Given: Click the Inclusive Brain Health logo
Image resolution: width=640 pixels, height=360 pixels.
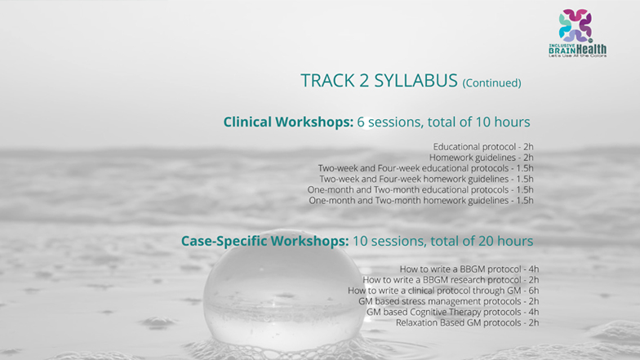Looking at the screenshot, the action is [x=577, y=33].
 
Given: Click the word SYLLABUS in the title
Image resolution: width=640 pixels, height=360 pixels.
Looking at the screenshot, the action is [x=416, y=80].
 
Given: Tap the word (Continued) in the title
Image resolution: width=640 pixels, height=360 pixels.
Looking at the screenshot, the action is [x=491, y=83].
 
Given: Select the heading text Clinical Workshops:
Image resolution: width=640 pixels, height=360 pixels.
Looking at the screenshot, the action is [x=288, y=122].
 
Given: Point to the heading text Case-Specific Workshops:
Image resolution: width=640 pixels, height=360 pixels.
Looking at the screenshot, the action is [x=264, y=241].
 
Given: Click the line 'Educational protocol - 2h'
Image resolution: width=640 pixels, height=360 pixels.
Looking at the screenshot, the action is [x=483, y=147].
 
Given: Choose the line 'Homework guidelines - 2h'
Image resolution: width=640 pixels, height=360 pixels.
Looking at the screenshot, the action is [x=482, y=157].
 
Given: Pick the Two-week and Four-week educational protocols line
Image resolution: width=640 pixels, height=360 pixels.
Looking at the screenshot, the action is [x=426, y=168].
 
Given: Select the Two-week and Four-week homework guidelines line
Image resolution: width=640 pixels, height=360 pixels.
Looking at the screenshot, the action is [x=426, y=179].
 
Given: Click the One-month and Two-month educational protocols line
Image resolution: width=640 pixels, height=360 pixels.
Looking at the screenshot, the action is [x=420, y=189].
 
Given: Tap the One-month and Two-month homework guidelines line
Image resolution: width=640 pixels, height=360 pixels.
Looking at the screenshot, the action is [x=421, y=201].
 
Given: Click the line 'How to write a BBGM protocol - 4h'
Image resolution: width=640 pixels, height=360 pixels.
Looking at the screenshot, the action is [x=469, y=269].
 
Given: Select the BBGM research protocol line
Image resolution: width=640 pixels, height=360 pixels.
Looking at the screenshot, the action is [x=451, y=279].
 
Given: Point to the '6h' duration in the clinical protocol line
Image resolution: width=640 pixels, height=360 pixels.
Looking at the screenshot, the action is [x=534, y=291].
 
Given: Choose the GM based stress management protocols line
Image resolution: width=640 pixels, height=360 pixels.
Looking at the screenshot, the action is [x=449, y=301].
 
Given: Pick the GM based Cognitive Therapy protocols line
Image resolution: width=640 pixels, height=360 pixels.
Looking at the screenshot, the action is [x=452, y=312].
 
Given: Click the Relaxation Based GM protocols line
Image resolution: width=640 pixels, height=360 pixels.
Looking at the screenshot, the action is [x=467, y=322].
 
